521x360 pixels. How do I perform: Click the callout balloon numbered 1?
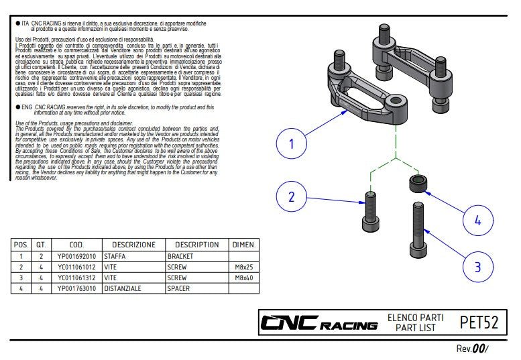click(x=292, y=143)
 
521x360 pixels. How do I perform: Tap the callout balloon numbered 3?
click(x=477, y=267)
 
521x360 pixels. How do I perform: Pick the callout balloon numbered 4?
click(x=477, y=220)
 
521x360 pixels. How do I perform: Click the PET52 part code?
click(x=479, y=323)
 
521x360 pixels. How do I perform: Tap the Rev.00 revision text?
click(x=472, y=349)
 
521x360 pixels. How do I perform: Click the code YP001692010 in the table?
click(x=76, y=256)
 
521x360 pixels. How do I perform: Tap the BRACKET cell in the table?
click(x=180, y=256)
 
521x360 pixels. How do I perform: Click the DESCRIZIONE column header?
click(x=133, y=245)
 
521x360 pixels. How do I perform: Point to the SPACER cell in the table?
click(x=178, y=288)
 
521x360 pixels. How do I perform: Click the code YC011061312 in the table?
click(x=76, y=277)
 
